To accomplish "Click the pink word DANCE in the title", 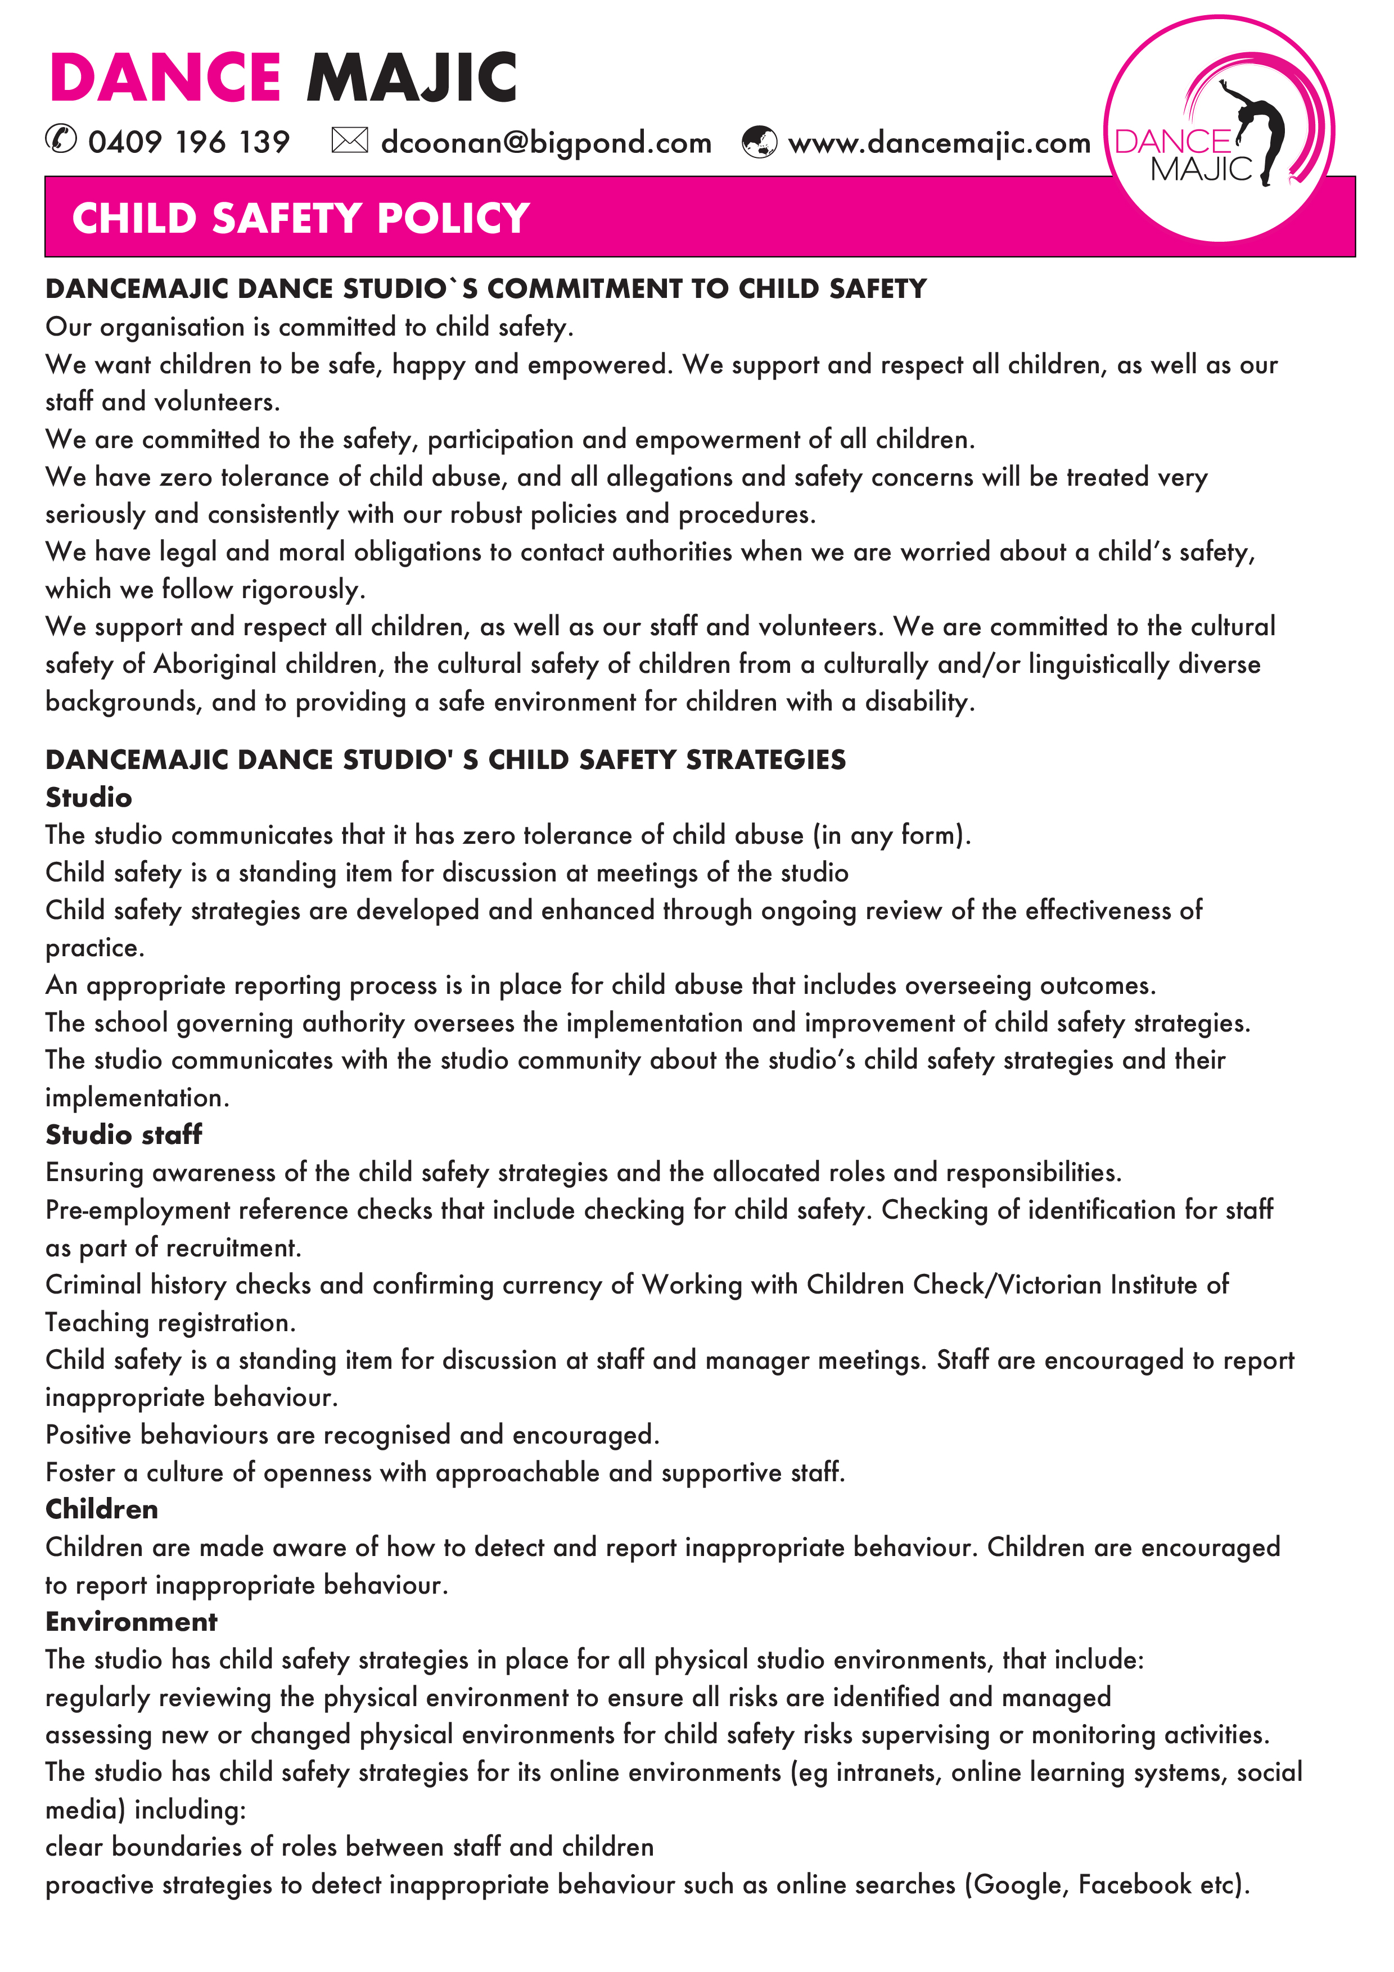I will coord(165,78).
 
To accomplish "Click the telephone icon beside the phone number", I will coord(61,139).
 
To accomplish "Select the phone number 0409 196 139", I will coord(189,142).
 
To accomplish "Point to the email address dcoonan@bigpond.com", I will coord(546,143).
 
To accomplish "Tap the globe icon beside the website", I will coord(759,142).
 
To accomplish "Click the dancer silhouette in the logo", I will coord(1259,129).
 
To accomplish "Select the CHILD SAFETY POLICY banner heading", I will coord(301,218).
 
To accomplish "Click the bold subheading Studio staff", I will coord(124,1134).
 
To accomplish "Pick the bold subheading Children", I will coord(101,1509).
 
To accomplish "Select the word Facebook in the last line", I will coord(1134,1884).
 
